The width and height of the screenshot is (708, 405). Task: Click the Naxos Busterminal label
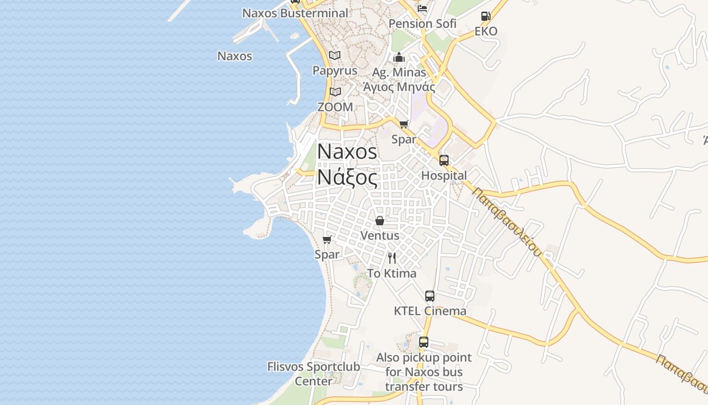pyautogui.click(x=295, y=13)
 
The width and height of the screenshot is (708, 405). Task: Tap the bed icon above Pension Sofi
pyautogui.click(x=422, y=9)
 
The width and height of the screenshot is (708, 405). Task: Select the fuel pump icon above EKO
pyautogui.click(x=485, y=16)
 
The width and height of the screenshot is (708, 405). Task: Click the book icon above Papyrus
pyautogui.click(x=335, y=55)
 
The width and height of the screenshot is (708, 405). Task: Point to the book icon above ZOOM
pyautogui.click(x=335, y=92)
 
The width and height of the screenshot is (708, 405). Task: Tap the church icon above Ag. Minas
pyautogui.click(x=399, y=57)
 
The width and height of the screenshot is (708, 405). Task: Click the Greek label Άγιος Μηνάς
pyautogui.click(x=399, y=87)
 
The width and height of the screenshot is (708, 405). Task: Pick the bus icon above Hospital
pyautogui.click(x=444, y=160)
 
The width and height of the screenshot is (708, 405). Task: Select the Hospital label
pyautogui.click(x=444, y=176)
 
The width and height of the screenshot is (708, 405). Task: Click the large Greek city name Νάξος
pyautogui.click(x=347, y=178)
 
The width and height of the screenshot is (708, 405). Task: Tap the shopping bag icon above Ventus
pyautogui.click(x=380, y=221)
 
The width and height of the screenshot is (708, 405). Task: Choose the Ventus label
pyautogui.click(x=380, y=235)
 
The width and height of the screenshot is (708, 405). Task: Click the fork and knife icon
pyautogui.click(x=392, y=258)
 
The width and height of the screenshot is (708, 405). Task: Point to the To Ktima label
pyautogui.click(x=392, y=273)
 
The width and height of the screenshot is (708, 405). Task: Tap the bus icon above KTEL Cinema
pyautogui.click(x=430, y=296)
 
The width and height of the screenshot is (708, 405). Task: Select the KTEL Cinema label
pyautogui.click(x=430, y=311)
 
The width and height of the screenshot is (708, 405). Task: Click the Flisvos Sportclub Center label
pyautogui.click(x=314, y=374)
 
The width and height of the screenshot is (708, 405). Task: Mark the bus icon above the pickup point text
pyautogui.click(x=424, y=342)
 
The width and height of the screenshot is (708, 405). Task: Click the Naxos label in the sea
pyautogui.click(x=235, y=56)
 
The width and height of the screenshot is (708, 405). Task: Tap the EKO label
pyautogui.click(x=485, y=31)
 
